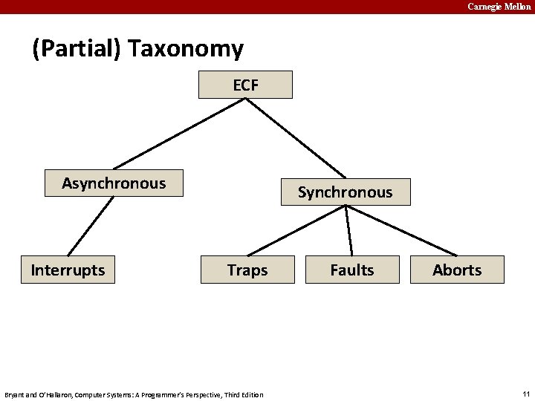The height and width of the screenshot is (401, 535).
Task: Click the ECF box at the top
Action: point(245,85)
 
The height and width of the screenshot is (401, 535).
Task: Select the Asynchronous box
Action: point(114,183)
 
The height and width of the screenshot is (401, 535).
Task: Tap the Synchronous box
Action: point(346,192)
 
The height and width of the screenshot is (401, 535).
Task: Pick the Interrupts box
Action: point(68,270)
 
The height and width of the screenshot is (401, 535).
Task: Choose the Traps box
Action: point(247,270)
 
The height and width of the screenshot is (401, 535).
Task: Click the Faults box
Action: point(352,270)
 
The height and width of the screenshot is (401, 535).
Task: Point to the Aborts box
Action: point(457,270)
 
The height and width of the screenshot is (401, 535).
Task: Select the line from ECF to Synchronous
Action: point(296,138)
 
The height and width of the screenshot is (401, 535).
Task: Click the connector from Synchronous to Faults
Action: point(349,230)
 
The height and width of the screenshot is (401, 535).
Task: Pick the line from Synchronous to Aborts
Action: point(402,230)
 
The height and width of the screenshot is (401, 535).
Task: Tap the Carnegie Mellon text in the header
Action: point(499,7)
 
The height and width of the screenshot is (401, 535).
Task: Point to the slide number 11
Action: point(525,394)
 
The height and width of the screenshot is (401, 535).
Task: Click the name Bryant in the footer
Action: point(16,394)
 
